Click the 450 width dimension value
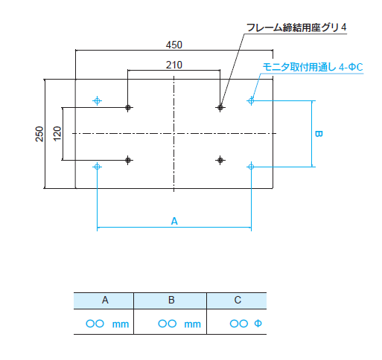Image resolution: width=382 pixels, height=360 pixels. pos(174,45)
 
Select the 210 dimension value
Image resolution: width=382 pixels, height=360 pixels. pos(174,65)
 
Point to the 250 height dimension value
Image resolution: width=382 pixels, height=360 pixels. pos(39,134)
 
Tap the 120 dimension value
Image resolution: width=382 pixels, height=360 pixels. pos(57,134)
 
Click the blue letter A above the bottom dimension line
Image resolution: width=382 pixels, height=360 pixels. pos(174,221)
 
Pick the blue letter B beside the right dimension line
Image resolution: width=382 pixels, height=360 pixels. pos(319,134)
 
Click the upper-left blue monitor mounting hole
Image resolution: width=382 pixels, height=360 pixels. pos(97,101)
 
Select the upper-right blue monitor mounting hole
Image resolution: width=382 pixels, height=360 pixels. pos(251,100)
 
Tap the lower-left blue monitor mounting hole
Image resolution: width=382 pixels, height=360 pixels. pos(97,167)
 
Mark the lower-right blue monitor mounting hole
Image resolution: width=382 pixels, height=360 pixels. pos(251,167)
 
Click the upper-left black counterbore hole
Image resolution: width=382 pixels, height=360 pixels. pos(128,108)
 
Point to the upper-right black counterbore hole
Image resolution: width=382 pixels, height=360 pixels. pos(220,108)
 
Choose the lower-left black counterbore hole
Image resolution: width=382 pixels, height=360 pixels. pos(128,160)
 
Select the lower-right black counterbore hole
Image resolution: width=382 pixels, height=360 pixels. pos(220,160)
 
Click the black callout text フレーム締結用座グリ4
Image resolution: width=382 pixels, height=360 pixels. pos(296,28)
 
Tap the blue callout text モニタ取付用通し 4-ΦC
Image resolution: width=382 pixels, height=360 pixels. pos(313,67)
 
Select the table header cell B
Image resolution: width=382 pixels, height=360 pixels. pos(171,300)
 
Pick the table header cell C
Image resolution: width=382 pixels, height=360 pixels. pos(237,300)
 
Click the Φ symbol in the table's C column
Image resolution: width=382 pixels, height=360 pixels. pos(258,324)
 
